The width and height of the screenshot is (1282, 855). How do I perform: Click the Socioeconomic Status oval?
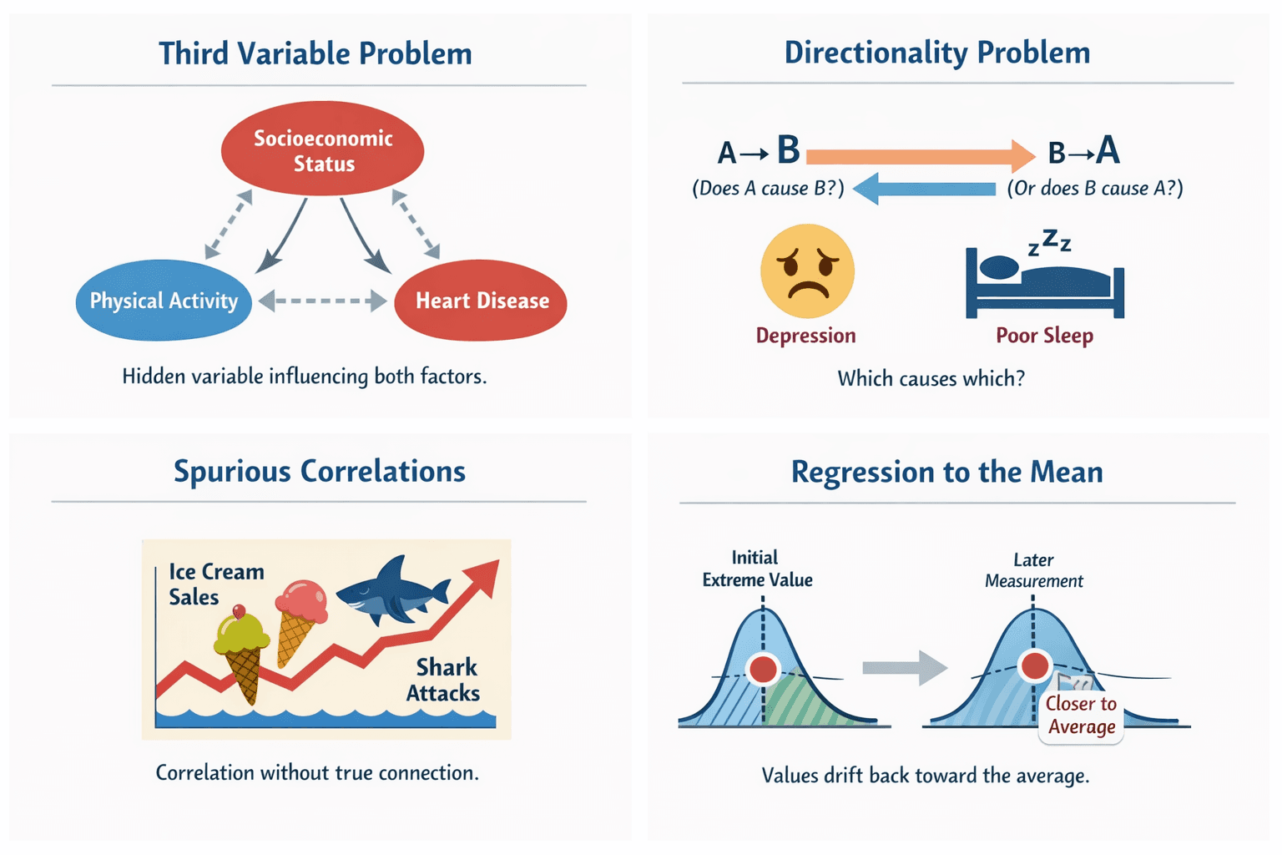[322, 149]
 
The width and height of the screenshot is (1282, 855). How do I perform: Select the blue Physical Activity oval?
[164, 301]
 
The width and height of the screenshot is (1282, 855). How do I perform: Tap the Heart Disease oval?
[481, 301]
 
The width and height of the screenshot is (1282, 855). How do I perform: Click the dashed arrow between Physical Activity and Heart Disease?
[322, 301]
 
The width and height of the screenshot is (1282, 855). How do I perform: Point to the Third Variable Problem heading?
[315, 53]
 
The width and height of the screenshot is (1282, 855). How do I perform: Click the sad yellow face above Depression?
[807, 271]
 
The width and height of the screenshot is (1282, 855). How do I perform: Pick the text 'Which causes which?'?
[931, 379]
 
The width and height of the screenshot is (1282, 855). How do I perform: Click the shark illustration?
[392, 591]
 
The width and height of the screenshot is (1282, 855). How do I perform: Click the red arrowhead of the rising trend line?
[482, 575]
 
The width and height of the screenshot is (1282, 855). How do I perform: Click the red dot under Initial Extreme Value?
[763, 669]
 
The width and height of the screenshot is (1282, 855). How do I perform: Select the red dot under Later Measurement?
[1035, 665]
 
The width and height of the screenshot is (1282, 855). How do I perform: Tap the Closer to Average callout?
[1082, 716]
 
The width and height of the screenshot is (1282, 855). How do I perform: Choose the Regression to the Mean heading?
[946, 473]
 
